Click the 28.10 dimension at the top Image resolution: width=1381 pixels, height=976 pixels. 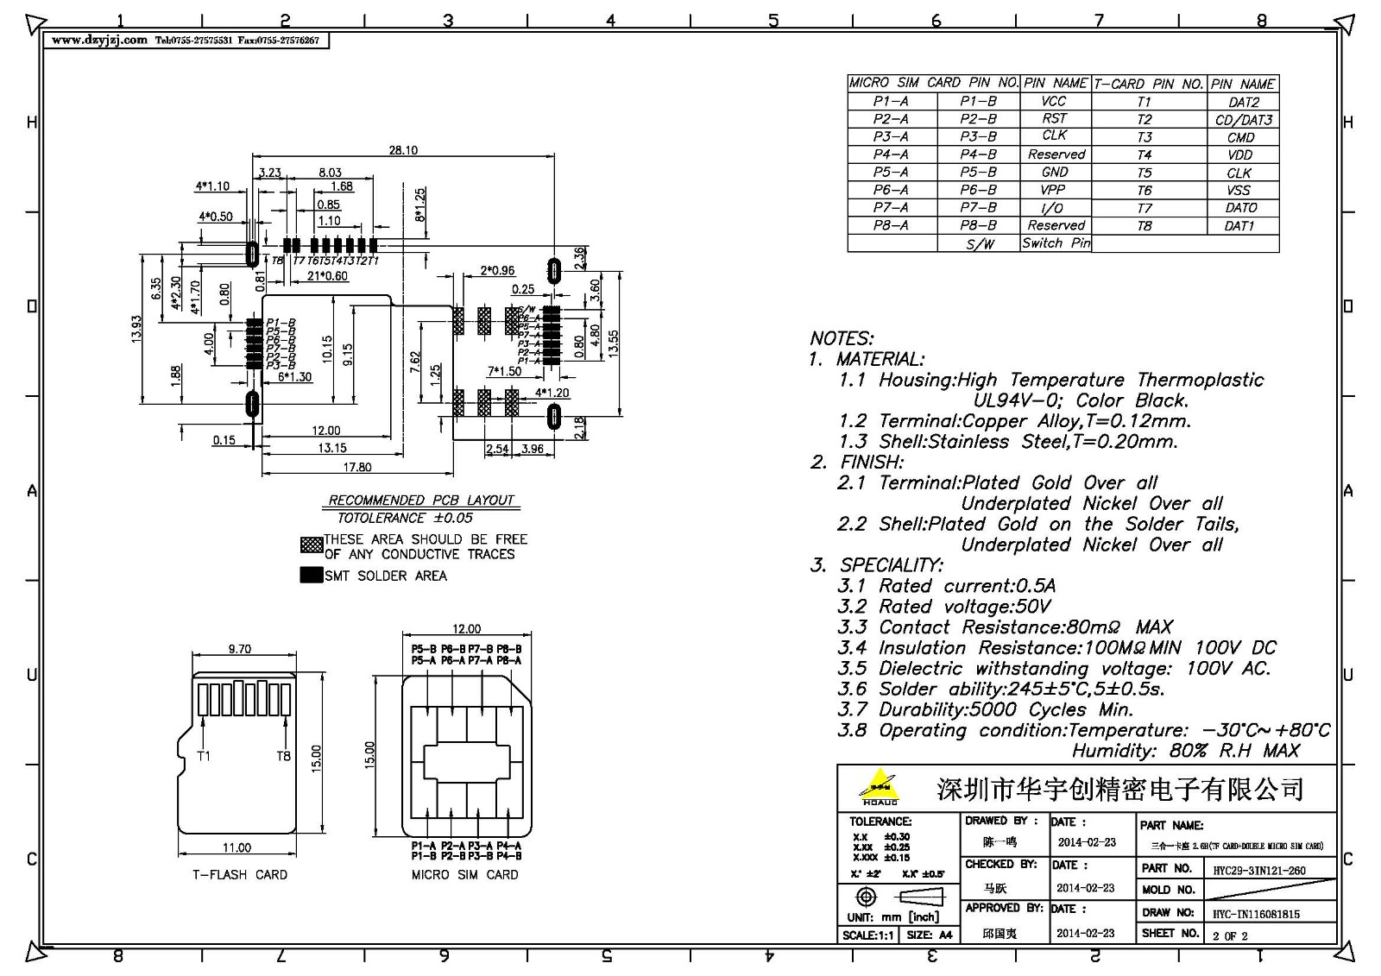click(x=402, y=150)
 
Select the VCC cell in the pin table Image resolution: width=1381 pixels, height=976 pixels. click(x=1055, y=101)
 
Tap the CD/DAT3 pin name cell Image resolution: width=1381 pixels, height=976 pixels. click(x=1243, y=120)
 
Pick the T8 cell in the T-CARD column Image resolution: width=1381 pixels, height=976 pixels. click(x=1145, y=226)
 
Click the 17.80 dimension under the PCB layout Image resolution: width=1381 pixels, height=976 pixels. click(x=357, y=467)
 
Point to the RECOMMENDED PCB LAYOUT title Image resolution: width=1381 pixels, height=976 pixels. click(x=421, y=501)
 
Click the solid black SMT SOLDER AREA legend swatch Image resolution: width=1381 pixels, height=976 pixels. click(x=311, y=576)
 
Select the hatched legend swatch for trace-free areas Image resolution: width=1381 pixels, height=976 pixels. click(x=311, y=545)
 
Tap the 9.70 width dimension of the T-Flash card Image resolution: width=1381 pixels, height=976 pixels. click(x=240, y=649)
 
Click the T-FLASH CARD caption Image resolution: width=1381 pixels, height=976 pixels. click(x=240, y=875)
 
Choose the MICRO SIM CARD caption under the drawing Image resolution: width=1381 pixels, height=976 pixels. click(x=464, y=875)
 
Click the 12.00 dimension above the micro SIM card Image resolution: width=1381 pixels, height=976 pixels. click(x=466, y=629)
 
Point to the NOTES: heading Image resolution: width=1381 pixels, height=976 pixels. click(x=842, y=338)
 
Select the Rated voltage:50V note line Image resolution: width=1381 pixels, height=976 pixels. click(x=945, y=607)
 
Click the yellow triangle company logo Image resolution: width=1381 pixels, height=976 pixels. click(x=879, y=786)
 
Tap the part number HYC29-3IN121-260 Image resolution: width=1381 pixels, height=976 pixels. click(x=1259, y=871)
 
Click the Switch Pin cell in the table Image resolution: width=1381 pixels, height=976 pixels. click(x=1056, y=243)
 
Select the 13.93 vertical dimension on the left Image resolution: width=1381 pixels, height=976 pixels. click(x=136, y=329)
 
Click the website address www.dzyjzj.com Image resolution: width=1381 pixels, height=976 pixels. click(x=99, y=41)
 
